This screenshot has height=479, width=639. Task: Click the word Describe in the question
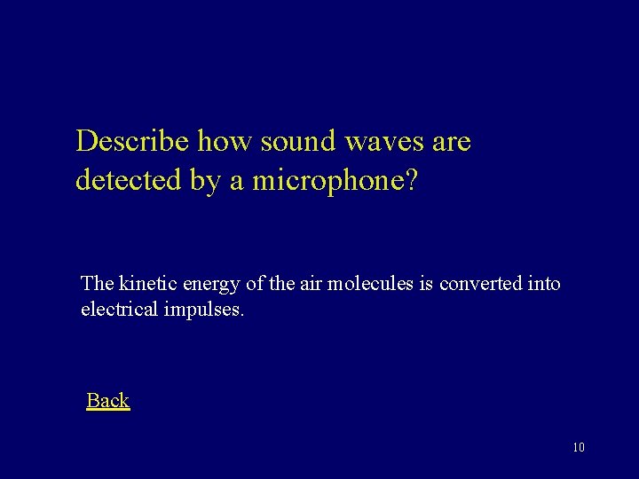tap(133, 141)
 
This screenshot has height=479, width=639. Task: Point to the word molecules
tap(367, 283)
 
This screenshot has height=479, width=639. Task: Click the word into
tap(544, 283)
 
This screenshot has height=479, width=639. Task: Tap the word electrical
tap(118, 310)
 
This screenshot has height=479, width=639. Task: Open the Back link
tap(107, 400)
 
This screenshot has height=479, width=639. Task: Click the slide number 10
tap(579, 447)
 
